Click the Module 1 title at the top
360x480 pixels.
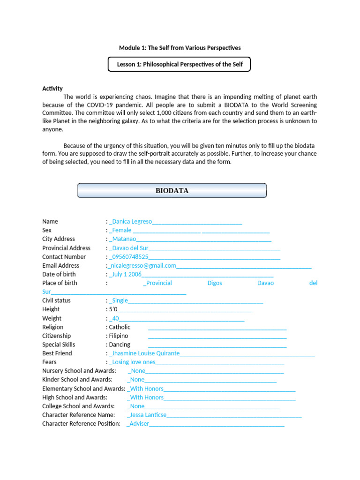tap(180, 48)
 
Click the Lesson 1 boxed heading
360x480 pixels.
tap(180, 64)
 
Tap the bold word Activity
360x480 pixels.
tap(52, 89)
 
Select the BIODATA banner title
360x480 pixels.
tap(172, 190)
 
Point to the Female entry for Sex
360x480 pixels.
tap(121, 230)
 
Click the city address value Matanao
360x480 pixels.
tap(124, 239)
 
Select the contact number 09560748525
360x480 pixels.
tap(130, 257)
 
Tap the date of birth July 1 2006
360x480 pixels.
tap(126, 274)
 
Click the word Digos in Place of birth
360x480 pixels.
tap(215, 283)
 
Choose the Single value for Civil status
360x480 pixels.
tap(119, 300)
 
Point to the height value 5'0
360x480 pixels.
tap(113, 309)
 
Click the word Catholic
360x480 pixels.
tap(120, 327)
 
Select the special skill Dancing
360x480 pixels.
tap(120, 345)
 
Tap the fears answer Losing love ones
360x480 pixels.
tap(134, 362)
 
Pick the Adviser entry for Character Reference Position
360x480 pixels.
tap(139, 424)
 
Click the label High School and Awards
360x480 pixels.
tap(75, 397)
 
